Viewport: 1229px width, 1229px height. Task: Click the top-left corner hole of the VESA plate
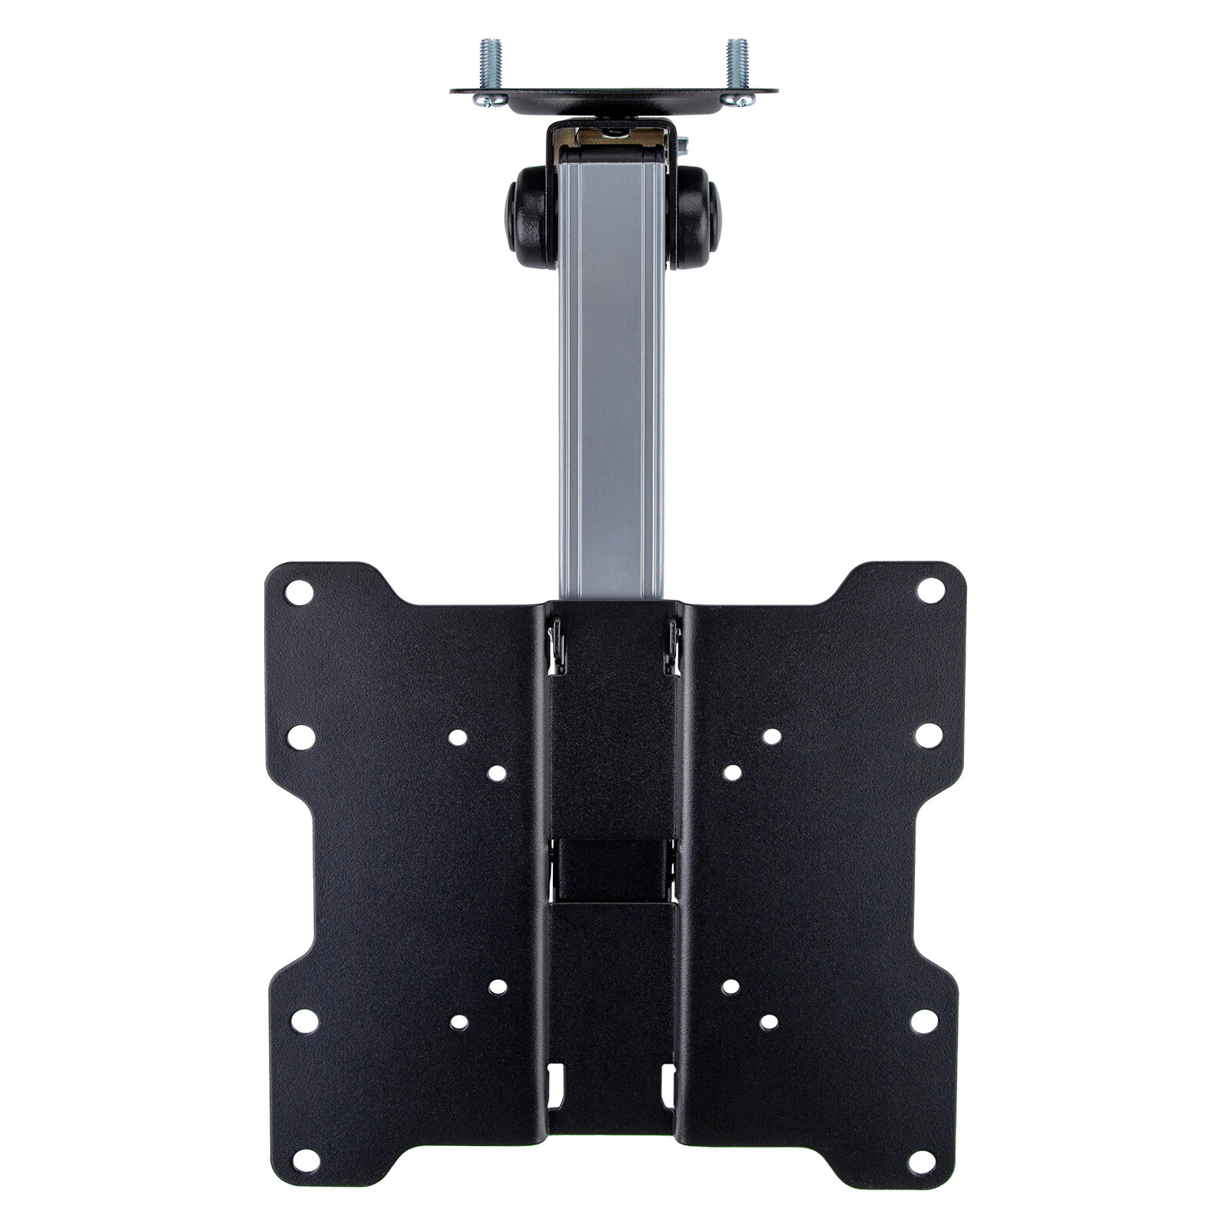pos(299,592)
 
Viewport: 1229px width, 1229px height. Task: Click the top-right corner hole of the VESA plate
pos(931,590)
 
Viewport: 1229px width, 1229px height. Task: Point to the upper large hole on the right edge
pos(929,735)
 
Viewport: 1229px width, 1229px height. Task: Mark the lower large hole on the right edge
pos(924,1021)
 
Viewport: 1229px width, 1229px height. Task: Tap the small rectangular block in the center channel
pos(612,868)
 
